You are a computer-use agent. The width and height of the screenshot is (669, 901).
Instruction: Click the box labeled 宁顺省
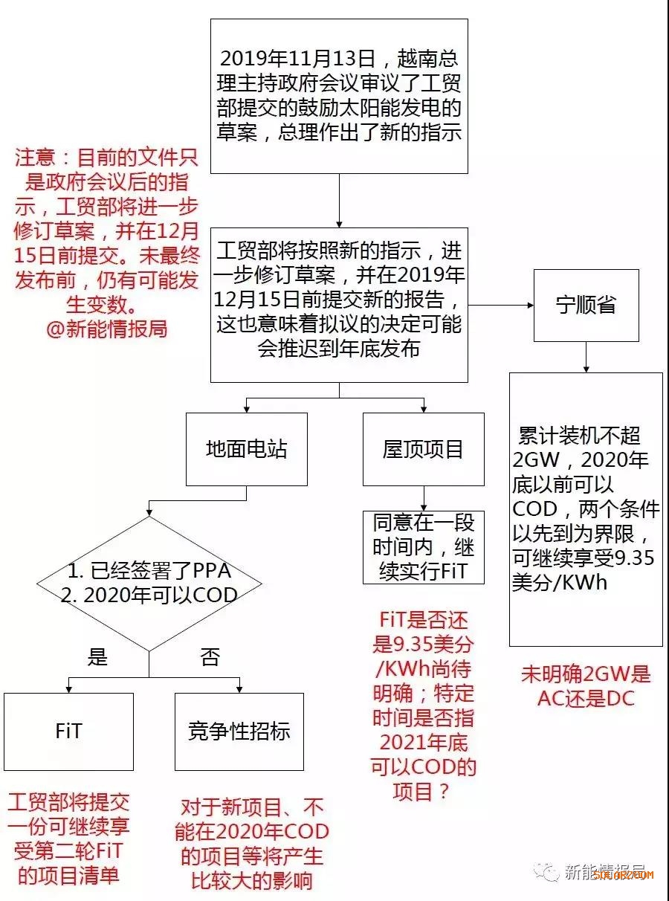tap(586, 306)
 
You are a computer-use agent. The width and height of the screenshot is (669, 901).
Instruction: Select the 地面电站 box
tap(247, 449)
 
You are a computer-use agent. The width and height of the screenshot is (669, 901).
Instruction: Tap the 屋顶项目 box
tap(423, 449)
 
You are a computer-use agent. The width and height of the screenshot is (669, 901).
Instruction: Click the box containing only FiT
tap(68, 732)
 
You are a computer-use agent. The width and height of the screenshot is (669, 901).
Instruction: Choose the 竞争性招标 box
tap(239, 732)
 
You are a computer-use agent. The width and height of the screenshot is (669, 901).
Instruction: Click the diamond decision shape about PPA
tap(149, 584)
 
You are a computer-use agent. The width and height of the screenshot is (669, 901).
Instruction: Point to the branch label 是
tap(97, 656)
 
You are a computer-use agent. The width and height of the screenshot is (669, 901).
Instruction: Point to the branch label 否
tap(210, 656)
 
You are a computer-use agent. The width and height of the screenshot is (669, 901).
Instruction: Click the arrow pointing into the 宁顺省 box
tap(501, 305)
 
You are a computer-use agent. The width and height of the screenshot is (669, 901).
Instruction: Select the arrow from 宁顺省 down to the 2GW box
tap(586, 357)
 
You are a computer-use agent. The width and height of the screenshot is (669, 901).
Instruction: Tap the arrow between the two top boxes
tap(339, 201)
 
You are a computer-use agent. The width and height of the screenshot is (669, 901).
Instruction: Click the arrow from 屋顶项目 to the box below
tap(424, 498)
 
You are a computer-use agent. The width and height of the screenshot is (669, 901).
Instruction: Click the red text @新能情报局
tap(107, 329)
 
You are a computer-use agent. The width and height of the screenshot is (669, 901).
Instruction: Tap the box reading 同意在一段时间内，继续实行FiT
tap(424, 548)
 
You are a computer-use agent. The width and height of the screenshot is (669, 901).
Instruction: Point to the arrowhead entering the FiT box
tap(68, 690)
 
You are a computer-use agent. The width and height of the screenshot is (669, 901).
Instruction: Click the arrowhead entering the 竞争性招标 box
tap(239, 690)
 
